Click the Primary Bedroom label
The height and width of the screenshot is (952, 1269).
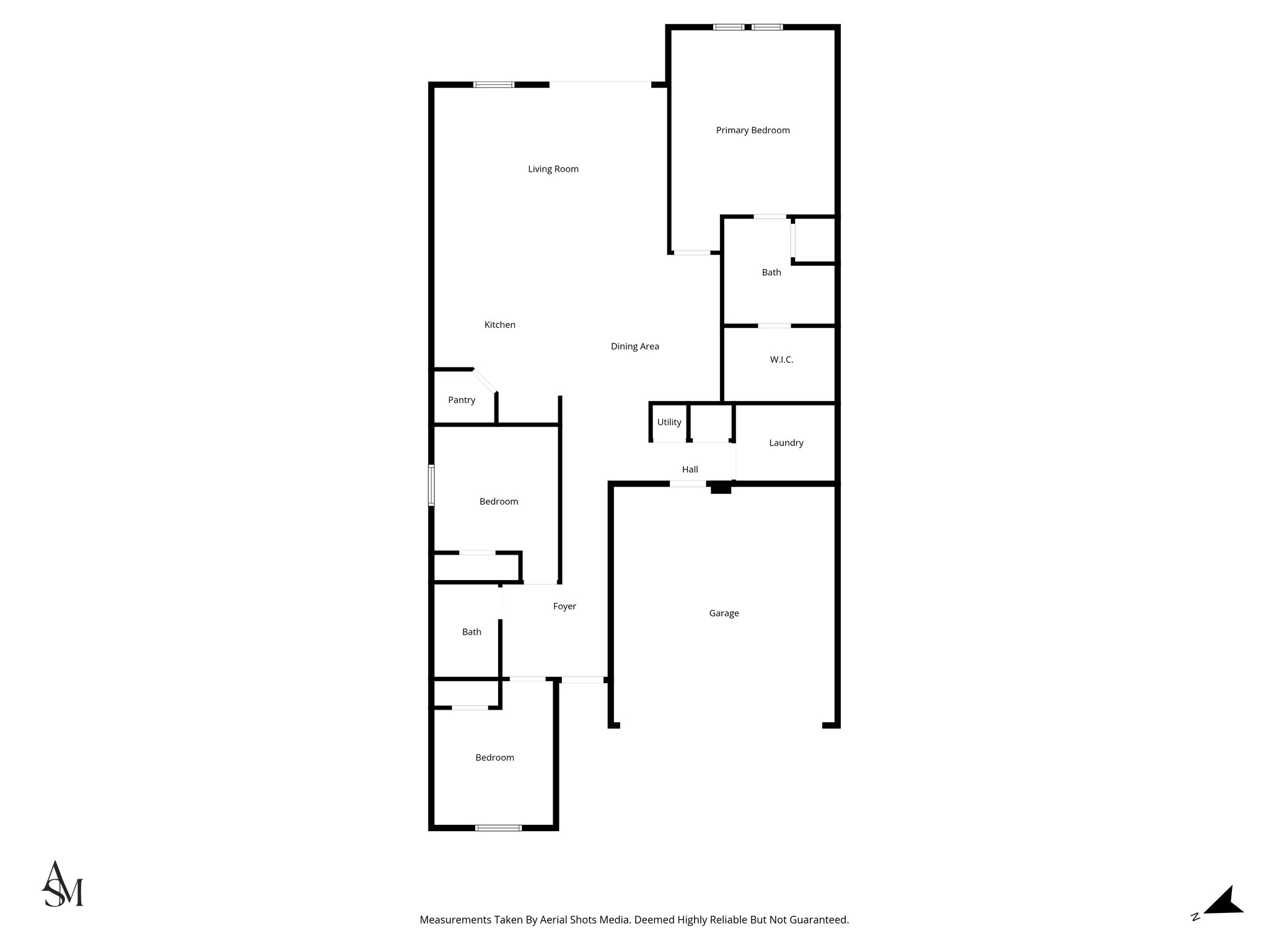pyautogui.click(x=752, y=130)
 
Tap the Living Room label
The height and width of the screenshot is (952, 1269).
pyautogui.click(x=553, y=169)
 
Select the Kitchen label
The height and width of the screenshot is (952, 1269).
pyautogui.click(x=499, y=325)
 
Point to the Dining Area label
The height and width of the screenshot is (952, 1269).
pyautogui.click(x=634, y=346)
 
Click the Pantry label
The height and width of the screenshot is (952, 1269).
pyautogui.click(x=462, y=400)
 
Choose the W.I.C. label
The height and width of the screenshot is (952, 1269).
pyautogui.click(x=781, y=359)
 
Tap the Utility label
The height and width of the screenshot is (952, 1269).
pyautogui.click(x=669, y=422)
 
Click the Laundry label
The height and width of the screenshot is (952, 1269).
pyautogui.click(x=786, y=443)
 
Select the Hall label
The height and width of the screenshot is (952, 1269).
pyautogui.click(x=690, y=470)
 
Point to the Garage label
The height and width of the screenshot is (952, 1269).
pyautogui.click(x=724, y=614)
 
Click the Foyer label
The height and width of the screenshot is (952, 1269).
pyautogui.click(x=564, y=606)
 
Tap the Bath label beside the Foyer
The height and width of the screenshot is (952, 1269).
pyautogui.click(x=472, y=632)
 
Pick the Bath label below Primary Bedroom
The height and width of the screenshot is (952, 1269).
pyautogui.click(x=771, y=272)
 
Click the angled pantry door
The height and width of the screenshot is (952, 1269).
pyautogui.click(x=485, y=381)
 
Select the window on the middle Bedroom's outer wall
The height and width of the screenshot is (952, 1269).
pyautogui.click(x=431, y=485)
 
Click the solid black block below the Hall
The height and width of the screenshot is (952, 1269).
pyautogui.click(x=721, y=488)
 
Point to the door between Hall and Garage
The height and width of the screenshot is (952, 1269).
pyautogui.click(x=687, y=483)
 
